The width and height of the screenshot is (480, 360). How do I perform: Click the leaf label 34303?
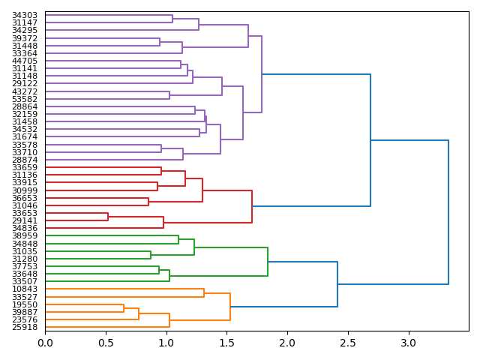point(25,15)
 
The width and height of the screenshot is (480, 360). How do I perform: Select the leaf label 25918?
point(25,327)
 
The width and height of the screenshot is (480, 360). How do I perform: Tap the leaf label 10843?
point(25,289)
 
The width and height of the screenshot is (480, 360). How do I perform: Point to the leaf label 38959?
point(25,235)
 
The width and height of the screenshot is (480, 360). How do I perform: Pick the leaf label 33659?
point(25,167)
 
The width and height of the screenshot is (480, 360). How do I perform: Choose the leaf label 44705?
point(25,61)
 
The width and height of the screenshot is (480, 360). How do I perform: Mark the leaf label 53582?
point(25,99)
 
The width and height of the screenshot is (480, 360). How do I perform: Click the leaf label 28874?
point(25,160)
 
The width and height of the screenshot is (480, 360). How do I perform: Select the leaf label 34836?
point(25,228)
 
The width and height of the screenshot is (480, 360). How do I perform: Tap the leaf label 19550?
point(25,304)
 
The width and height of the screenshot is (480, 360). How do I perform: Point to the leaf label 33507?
point(25,281)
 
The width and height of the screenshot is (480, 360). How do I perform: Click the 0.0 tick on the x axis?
point(45,343)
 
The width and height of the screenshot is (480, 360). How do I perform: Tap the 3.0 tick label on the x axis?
point(408,343)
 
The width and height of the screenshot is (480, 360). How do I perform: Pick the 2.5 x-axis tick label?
point(348,343)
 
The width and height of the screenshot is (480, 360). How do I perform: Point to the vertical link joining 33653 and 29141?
point(108,217)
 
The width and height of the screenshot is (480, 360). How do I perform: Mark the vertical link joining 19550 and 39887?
point(124,308)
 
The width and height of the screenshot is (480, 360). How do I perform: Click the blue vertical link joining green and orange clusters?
point(337,284)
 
